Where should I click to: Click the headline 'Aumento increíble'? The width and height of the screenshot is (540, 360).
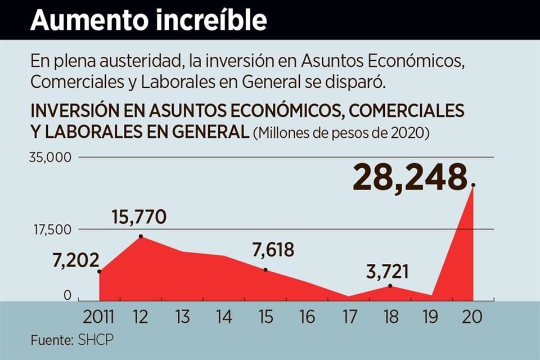(148, 20)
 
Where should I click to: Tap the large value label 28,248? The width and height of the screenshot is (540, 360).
(411, 178)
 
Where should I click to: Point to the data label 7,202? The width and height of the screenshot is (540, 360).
(76, 260)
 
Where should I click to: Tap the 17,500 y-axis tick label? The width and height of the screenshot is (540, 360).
(51, 229)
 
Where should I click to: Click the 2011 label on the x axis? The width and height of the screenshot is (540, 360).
(98, 317)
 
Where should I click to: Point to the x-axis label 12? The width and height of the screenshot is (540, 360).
(140, 317)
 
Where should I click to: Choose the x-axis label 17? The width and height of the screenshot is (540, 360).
(349, 317)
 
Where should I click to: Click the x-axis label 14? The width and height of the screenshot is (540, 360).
(223, 317)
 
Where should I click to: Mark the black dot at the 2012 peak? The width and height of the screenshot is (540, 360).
(140, 236)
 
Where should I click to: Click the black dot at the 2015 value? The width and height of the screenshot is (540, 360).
(265, 270)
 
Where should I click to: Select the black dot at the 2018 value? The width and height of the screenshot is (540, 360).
(390, 286)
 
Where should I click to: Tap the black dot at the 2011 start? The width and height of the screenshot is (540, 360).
(100, 272)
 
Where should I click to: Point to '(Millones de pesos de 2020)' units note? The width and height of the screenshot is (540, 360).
(341, 133)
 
